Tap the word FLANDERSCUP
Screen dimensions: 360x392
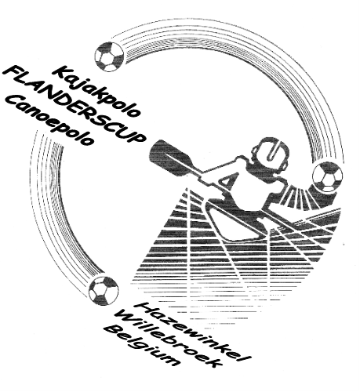click(x=75, y=103)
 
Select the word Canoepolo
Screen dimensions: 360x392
click(x=50, y=121)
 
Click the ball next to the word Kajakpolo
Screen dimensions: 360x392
click(x=109, y=56)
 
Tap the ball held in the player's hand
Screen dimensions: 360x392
click(x=328, y=177)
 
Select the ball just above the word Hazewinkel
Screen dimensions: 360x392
click(x=104, y=291)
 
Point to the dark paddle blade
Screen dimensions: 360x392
click(x=172, y=155)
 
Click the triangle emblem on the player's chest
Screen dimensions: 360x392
click(x=226, y=181)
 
